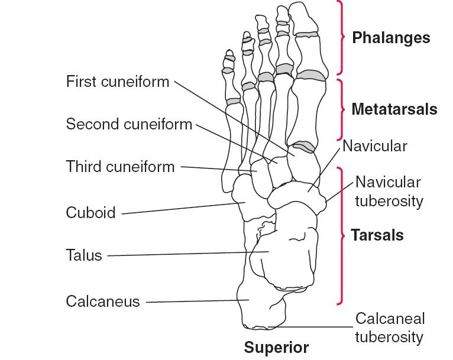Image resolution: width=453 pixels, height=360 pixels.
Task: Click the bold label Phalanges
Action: click(391, 38)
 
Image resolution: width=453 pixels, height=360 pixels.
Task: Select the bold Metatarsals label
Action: click(394, 109)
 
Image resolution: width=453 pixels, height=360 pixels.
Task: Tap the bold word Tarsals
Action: click(377, 235)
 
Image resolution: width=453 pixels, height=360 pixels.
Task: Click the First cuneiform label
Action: click(118, 81)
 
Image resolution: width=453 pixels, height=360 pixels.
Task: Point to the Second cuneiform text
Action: click(129, 124)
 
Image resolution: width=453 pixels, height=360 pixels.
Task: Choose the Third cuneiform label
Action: click(121, 167)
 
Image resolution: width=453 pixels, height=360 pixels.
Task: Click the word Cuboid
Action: click(90, 212)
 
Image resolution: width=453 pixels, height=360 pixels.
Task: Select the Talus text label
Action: click(84, 255)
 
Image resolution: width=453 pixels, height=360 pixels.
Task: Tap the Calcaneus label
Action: click(103, 301)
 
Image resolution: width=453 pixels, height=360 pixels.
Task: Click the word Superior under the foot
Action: click(277, 348)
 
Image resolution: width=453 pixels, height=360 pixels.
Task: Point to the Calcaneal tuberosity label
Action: click(390, 327)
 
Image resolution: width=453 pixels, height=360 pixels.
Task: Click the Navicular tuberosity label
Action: click(389, 192)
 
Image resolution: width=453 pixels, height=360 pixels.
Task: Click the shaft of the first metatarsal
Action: click(306, 112)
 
